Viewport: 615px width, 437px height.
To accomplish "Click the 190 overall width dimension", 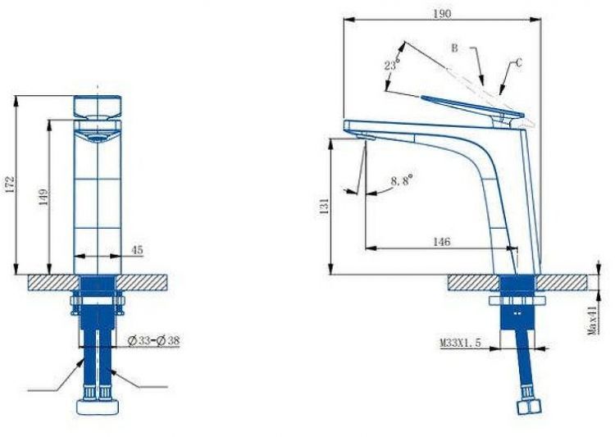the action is [x=442, y=13].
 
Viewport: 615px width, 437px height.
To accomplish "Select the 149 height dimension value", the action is [x=44, y=198].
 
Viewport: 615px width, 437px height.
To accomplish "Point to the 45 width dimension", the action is [x=136, y=250].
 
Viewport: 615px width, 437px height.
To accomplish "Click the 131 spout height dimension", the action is [x=325, y=207].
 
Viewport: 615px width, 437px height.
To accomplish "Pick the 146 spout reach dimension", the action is [x=442, y=242].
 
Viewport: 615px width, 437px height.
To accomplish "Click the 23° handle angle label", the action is [x=392, y=64].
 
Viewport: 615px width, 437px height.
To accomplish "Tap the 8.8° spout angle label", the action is [x=403, y=180].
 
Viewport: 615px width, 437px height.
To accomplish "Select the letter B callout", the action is [x=454, y=48].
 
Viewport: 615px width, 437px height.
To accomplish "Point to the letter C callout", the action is [x=518, y=62].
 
